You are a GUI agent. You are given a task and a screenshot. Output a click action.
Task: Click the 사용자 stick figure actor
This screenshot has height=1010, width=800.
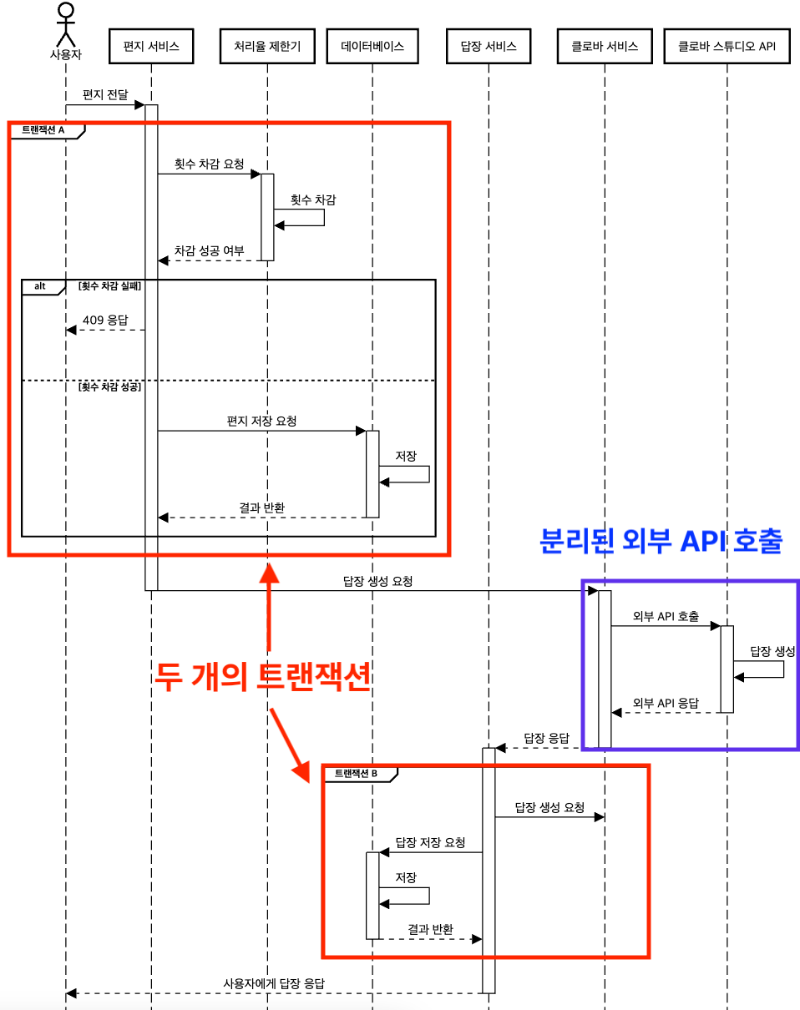65,25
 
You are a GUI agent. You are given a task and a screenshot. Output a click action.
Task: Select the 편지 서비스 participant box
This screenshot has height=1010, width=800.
151,46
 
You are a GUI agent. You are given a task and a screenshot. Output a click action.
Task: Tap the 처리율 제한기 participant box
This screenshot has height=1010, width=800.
267,46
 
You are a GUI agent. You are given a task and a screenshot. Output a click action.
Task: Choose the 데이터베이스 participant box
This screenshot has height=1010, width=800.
372,46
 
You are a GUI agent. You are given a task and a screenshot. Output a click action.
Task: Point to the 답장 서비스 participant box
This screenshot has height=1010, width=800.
488,46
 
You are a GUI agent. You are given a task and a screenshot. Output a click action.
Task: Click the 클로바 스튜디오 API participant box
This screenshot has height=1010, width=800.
727,46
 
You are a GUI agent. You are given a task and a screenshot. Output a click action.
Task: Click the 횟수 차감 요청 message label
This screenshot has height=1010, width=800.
209,164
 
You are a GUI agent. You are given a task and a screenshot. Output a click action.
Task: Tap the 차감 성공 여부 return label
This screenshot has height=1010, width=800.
209,250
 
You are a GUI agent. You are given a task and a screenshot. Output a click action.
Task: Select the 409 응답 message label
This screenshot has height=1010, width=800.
106,320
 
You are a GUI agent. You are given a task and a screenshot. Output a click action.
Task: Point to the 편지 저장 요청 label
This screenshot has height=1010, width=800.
261,421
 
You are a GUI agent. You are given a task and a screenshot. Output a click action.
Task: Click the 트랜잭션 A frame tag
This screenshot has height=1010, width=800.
43,130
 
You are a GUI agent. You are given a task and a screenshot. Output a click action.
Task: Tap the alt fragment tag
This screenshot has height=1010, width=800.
40,286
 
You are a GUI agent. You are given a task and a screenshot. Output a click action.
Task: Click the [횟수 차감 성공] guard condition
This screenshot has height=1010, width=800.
109,388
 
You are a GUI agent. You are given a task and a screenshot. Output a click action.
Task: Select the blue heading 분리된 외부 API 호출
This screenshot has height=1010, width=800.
661,541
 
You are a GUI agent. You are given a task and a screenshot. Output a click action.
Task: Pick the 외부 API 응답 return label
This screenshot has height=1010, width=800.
666,703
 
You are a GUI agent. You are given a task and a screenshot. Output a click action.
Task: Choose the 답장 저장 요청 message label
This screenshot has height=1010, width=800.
430,842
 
